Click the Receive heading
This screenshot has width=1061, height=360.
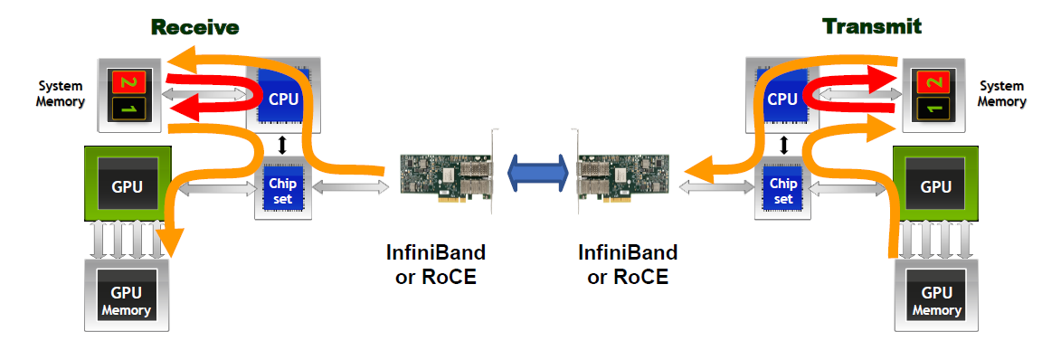coord(194,27)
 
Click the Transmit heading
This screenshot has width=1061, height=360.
coord(872,26)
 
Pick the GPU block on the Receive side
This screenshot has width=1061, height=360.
coord(128,183)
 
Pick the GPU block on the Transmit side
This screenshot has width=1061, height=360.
coord(936,183)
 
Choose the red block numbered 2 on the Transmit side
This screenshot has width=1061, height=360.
coord(934,82)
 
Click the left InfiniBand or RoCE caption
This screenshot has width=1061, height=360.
coord(436,265)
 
